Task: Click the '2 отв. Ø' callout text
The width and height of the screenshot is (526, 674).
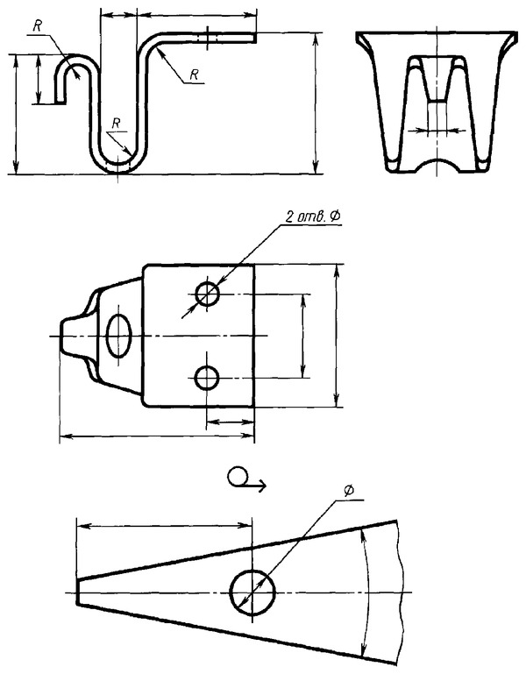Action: [x=312, y=217]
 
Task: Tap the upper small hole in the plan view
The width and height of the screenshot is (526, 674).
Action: [x=207, y=294]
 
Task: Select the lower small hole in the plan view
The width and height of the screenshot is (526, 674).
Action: [x=207, y=378]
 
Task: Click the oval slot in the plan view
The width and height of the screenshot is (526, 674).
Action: [x=118, y=336]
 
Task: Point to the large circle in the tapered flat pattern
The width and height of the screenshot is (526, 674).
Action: [x=252, y=592]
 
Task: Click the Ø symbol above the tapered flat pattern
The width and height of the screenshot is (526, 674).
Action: [x=349, y=491]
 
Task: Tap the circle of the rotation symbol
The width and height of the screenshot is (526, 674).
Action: [x=236, y=477]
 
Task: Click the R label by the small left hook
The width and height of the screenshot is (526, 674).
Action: [x=38, y=26]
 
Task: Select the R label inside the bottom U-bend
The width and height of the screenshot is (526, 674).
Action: [x=116, y=124]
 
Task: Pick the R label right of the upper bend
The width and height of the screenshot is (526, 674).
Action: [x=194, y=74]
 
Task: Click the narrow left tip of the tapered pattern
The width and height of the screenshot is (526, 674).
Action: [x=77, y=592]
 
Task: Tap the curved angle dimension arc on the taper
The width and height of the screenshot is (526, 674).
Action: [x=366, y=592]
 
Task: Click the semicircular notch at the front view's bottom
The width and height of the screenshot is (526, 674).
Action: [x=437, y=164]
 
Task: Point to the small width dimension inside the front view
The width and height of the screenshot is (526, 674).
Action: [x=437, y=130]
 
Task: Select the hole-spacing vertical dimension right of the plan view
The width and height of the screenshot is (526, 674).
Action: [x=303, y=337]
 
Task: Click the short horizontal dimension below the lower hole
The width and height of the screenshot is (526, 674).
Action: [x=230, y=422]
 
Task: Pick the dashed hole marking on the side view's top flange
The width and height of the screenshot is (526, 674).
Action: [x=207, y=38]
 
